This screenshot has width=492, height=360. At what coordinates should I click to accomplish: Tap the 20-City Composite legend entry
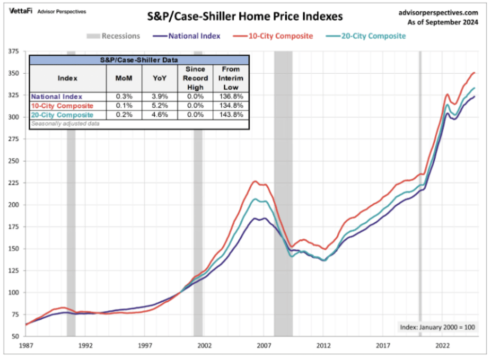[x=366, y=36]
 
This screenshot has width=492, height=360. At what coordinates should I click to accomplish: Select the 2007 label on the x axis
[x=264, y=347]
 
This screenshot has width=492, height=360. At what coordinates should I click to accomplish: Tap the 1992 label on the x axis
[x=86, y=347]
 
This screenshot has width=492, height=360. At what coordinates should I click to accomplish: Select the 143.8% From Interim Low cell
[x=231, y=114]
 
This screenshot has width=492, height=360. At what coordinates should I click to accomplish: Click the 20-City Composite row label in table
[x=62, y=114]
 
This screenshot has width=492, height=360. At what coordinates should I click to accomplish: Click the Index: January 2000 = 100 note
[x=438, y=327]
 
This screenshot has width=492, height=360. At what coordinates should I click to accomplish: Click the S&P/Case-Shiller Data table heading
[x=139, y=60]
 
